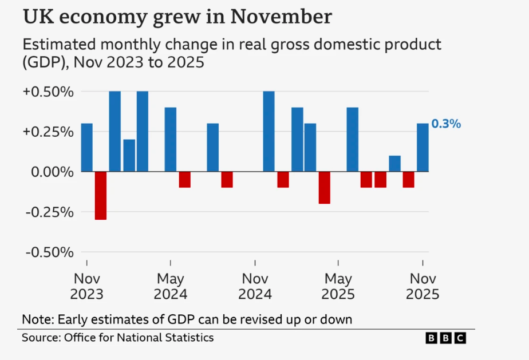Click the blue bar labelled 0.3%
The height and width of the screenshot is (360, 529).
point(422,148)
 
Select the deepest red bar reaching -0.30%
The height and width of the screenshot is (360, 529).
point(101,195)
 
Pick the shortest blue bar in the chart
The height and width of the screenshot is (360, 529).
point(394,164)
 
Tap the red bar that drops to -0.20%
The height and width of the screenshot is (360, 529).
point(325,187)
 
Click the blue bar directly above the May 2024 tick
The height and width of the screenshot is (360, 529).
point(171,140)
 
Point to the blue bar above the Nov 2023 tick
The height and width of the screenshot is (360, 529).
point(86,148)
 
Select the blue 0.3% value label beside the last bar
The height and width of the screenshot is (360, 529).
point(446,124)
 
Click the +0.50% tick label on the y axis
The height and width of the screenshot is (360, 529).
point(49,92)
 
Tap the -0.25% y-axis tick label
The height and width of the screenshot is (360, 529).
point(49,212)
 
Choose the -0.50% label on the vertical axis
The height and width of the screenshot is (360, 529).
point(49,252)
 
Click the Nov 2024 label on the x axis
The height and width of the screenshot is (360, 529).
point(255,287)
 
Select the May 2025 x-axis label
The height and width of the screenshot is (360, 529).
point(338,287)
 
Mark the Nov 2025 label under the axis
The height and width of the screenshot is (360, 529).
point(423,287)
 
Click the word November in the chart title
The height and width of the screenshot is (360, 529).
point(281,17)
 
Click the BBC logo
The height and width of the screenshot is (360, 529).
point(445,338)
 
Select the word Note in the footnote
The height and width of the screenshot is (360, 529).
point(35,319)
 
